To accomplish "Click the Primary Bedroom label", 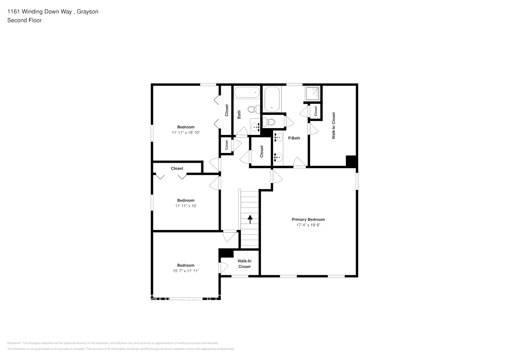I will tap(308, 219).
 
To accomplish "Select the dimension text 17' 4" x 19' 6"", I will tap(308, 225).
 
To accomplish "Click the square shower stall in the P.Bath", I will tap(312, 93).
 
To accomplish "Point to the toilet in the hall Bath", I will tap(254, 108).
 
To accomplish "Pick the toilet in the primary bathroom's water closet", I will tap(269, 122).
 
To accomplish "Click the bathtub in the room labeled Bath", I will tap(247, 93).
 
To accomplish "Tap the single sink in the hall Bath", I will tap(256, 127).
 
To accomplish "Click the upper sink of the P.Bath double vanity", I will tap(278, 137).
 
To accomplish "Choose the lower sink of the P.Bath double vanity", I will tap(278, 157).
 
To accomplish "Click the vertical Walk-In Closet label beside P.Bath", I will tap(333, 126).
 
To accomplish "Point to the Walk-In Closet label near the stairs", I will tap(244, 264).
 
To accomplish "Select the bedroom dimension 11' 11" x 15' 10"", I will tap(186, 132).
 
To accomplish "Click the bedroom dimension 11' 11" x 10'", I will tap(186, 206).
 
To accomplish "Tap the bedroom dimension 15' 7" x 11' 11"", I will tap(186, 271).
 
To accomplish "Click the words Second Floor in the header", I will tap(24, 20).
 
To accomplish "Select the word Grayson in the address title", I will tap(87, 12).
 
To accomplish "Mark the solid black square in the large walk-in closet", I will tap(351, 161).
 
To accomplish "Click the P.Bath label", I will tap(294, 138).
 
